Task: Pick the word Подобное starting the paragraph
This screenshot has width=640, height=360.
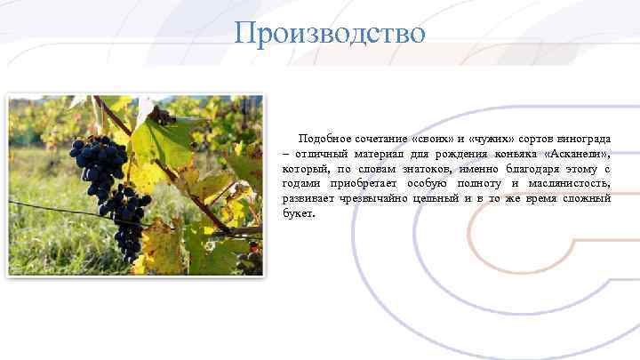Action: pyautogui.click(x=324, y=140)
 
